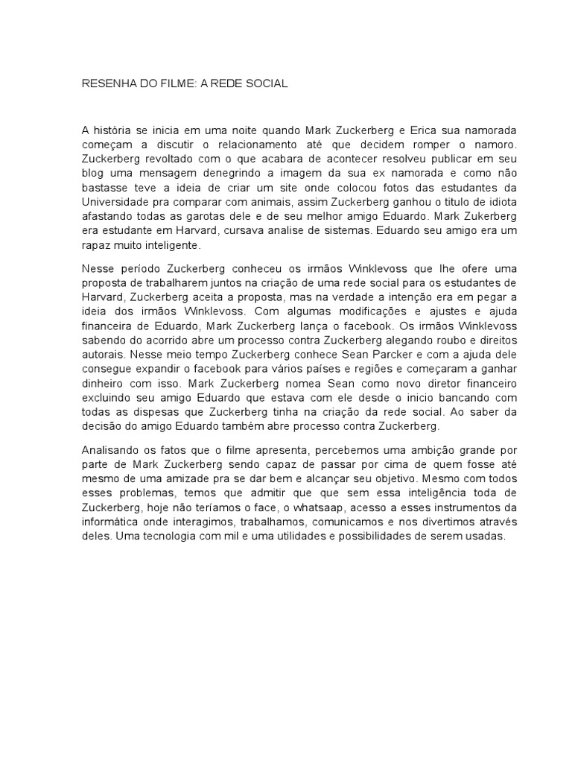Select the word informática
point(112,521)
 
